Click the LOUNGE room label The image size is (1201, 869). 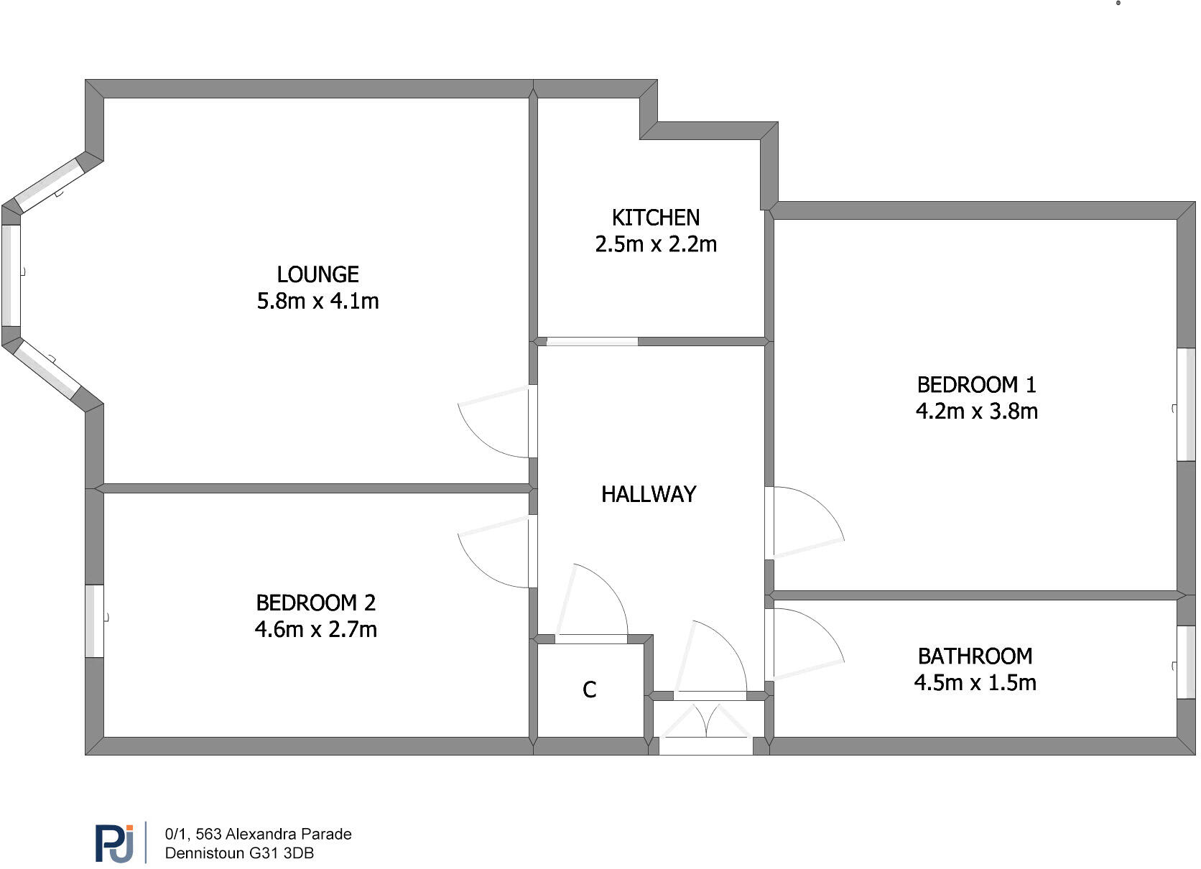tap(317, 274)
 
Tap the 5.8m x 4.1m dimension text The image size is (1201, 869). tap(317, 301)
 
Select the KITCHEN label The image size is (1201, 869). tap(655, 218)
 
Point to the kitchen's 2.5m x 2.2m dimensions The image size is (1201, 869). tap(655, 244)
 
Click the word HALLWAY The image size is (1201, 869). tap(648, 494)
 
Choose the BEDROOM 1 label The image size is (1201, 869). tap(976, 385)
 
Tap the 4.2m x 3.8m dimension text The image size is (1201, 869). tap(976, 412)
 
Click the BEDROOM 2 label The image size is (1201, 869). tap(315, 603)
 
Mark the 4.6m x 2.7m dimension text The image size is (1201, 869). tap(315, 629)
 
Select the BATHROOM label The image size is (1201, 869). tap(975, 656)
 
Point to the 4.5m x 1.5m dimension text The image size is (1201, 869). tap(975, 683)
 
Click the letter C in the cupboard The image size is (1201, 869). tap(589, 690)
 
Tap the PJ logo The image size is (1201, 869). tap(114, 843)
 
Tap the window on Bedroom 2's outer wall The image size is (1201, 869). tap(94, 621)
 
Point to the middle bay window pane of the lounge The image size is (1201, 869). tap(11, 275)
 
